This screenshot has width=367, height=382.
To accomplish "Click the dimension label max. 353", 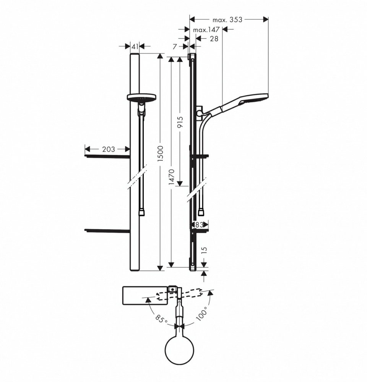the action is (x=227, y=19).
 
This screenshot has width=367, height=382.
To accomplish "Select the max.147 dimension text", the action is (x=206, y=30).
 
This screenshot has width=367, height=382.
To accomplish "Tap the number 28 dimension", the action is (x=214, y=39).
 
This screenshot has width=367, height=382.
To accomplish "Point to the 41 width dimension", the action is (x=135, y=46).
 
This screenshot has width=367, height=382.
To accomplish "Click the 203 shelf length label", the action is (x=108, y=149).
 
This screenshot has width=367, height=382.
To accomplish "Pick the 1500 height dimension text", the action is (x=160, y=154).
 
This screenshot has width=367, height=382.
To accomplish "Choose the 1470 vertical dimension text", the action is (x=172, y=177).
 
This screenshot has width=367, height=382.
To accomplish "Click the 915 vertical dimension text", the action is (x=180, y=122).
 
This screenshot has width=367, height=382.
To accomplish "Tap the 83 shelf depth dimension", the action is (x=200, y=225).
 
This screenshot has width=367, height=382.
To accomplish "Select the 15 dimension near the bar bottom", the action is (x=205, y=250).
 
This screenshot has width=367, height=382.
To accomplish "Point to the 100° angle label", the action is (x=202, y=314).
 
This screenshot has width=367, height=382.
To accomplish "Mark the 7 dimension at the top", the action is (x=175, y=47).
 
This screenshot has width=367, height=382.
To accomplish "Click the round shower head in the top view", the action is (x=179, y=350).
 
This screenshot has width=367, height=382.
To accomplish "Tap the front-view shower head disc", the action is (x=141, y=97).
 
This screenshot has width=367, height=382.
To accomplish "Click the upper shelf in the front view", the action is (x=107, y=156).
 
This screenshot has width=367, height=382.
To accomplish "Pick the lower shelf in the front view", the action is (x=107, y=231).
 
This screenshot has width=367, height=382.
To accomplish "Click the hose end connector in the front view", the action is (x=141, y=212).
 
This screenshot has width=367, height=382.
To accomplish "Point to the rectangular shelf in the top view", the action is (x=145, y=296).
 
